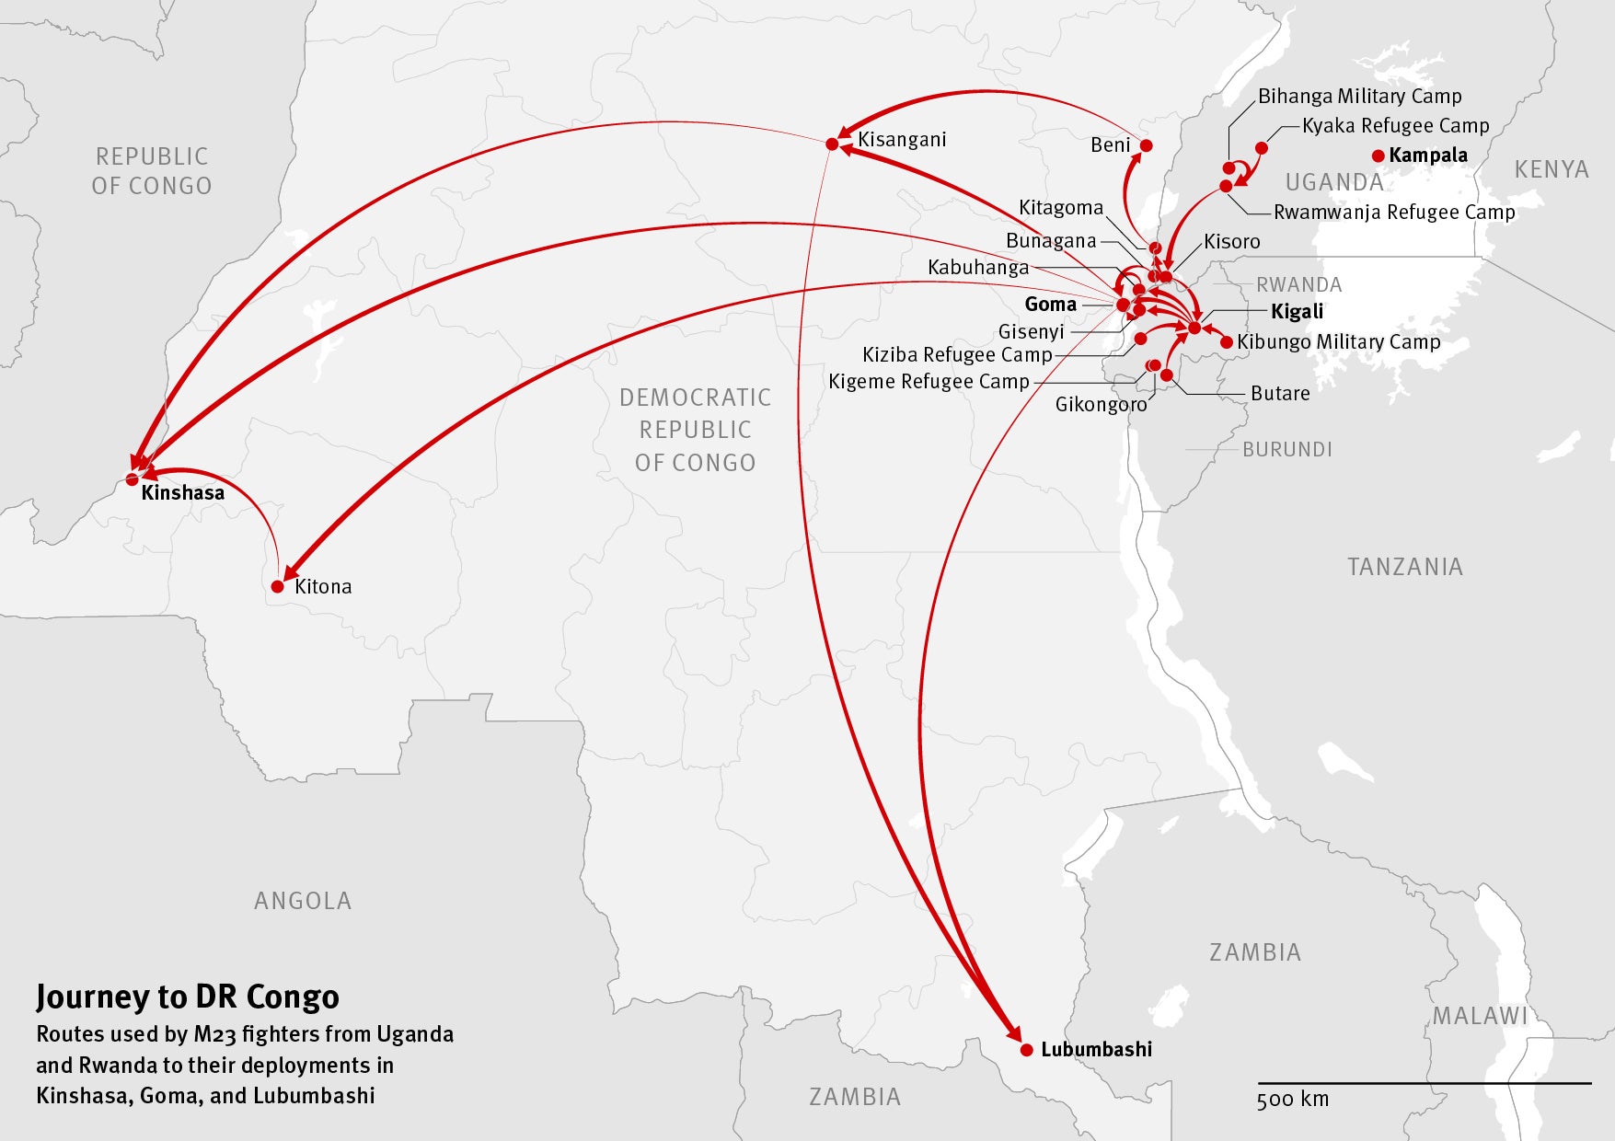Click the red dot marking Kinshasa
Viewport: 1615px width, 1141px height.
132,479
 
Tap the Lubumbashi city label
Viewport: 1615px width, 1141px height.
1096,1049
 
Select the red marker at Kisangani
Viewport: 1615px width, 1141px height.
832,144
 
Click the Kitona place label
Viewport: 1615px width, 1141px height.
323,586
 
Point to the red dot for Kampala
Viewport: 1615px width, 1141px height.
1378,156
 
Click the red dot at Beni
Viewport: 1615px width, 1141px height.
1146,145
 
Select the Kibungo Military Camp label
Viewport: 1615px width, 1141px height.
1338,341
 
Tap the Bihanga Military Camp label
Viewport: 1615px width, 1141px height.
1359,96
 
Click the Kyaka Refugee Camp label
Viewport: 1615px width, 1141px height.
1395,125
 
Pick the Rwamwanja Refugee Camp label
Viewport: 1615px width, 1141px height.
1393,212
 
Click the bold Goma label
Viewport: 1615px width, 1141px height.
1050,304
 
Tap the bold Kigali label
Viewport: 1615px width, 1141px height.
1297,311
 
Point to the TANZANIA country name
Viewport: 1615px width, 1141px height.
1404,566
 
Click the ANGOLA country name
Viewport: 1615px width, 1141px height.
303,900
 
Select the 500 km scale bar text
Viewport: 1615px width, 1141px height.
1292,1099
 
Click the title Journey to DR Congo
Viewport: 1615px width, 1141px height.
188,997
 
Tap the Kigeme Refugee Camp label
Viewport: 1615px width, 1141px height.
929,381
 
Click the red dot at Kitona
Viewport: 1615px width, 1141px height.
278,586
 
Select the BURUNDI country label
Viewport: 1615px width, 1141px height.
1286,449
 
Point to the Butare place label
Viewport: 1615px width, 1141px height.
1280,393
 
